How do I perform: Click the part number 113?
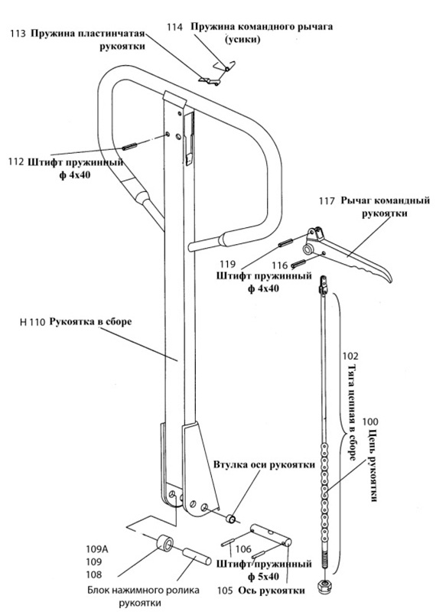(18, 33)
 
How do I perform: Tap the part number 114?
(175, 27)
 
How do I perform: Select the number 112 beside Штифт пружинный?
(16, 161)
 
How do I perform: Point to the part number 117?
(327, 201)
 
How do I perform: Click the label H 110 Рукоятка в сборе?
(76, 322)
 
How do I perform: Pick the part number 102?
(350, 356)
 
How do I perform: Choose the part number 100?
(370, 422)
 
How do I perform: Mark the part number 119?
(228, 264)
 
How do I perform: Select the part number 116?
(279, 265)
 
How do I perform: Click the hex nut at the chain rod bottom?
(324, 585)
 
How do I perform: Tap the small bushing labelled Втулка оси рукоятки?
(231, 519)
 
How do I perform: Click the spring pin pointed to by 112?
(128, 147)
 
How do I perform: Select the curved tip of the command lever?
(389, 278)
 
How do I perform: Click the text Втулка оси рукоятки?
(264, 465)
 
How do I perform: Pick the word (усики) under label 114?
(242, 40)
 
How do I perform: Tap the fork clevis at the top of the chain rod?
(324, 285)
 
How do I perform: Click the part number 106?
(243, 549)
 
